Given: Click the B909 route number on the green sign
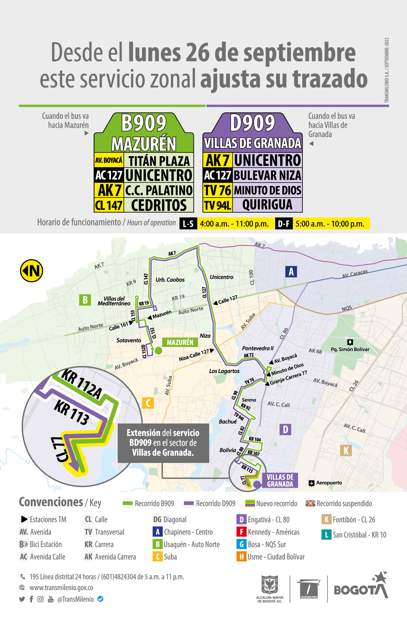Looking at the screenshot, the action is pos(144,123).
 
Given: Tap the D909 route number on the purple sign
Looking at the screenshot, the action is pos(252,123).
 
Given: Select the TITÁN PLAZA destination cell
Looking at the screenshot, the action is pos(159,161).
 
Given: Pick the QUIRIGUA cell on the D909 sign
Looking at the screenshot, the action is pos(267,205).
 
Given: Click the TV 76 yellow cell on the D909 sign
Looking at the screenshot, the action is pos(217,190).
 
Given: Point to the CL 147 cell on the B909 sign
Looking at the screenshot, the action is pos(109,205).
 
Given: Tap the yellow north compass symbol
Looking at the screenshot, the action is pos(32,271).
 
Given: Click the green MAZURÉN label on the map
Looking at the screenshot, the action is pos(180,342).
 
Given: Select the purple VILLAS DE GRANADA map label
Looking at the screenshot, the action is pos(280,481).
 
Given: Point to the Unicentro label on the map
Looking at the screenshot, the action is pos(221,277).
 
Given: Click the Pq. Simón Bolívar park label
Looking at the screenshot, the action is pos(350,349).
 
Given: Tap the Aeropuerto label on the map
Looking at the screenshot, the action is pos(329,483).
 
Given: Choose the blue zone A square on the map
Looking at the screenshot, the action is pos(291,272).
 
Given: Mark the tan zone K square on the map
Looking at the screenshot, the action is pos(346,451).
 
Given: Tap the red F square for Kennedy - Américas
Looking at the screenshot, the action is pos(241,532).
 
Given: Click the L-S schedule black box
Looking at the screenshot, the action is pos(188,224).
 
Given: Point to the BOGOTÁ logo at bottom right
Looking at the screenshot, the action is pos(361,588).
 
